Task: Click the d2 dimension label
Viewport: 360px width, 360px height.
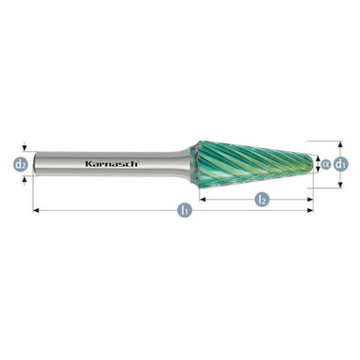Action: pos(20,164)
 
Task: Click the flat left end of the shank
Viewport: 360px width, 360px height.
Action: pos(36,164)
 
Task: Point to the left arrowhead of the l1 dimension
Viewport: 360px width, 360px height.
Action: pos(37,212)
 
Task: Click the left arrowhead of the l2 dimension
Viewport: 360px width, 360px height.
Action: pos(200,199)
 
